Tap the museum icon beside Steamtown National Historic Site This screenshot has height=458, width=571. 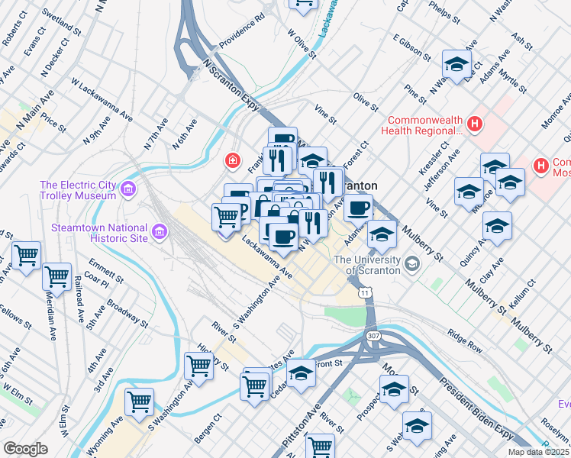[160, 231]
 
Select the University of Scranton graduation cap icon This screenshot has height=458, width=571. [413, 265]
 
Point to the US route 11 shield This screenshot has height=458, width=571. [367, 292]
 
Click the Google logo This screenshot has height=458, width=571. [25, 449]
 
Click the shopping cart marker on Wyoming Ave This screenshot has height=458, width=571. [140, 401]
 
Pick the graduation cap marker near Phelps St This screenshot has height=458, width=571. [456, 64]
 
